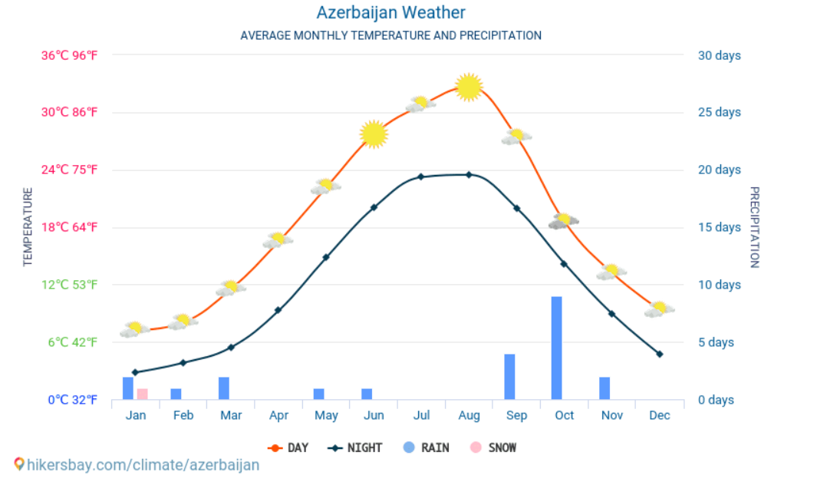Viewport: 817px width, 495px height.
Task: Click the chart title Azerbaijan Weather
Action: pyautogui.click(x=390, y=13)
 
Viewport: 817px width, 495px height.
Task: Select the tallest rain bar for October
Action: pyautogui.click(x=556, y=348)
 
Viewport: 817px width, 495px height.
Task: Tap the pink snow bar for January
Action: pyautogui.click(x=142, y=394)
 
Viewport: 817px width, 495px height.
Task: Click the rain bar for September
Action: pyautogui.click(x=509, y=377)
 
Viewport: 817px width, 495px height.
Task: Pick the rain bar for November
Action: pyautogui.click(x=605, y=388)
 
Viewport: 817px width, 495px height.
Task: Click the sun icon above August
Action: pyautogui.click(x=469, y=87)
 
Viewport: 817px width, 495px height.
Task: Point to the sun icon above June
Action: pyautogui.click(x=373, y=134)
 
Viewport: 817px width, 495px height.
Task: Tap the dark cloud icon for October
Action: pyautogui.click(x=564, y=221)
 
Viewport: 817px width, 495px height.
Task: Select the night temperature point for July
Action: pyautogui.click(x=420, y=177)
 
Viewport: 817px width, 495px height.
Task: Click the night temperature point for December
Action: pyautogui.click(x=659, y=354)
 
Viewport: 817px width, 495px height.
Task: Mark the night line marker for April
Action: pyautogui.click(x=278, y=310)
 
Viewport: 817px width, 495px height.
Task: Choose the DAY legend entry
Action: pyautogui.click(x=288, y=447)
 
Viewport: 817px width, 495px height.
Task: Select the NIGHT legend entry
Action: pyautogui.click(x=355, y=447)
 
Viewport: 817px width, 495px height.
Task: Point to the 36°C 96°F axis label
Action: pyautogui.click(x=69, y=55)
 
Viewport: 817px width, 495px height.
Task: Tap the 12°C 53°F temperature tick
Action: pyautogui.click(x=69, y=285)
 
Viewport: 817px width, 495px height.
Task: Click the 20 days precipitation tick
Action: pyautogui.click(x=719, y=170)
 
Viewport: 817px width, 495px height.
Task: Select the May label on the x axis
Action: pyautogui.click(x=326, y=415)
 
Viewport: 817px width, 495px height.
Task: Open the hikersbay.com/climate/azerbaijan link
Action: pyautogui.click(x=143, y=465)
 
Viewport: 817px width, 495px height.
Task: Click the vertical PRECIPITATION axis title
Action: pyautogui.click(x=754, y=227)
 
